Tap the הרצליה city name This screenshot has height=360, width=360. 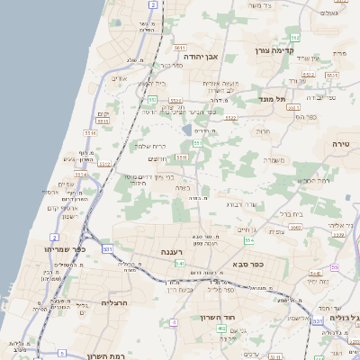[x=115, y=303]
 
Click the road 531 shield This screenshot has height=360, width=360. [x=107, y=248]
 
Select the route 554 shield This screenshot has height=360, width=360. [x=248, y=240]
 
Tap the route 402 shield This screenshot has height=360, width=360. [x=221, y=330]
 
